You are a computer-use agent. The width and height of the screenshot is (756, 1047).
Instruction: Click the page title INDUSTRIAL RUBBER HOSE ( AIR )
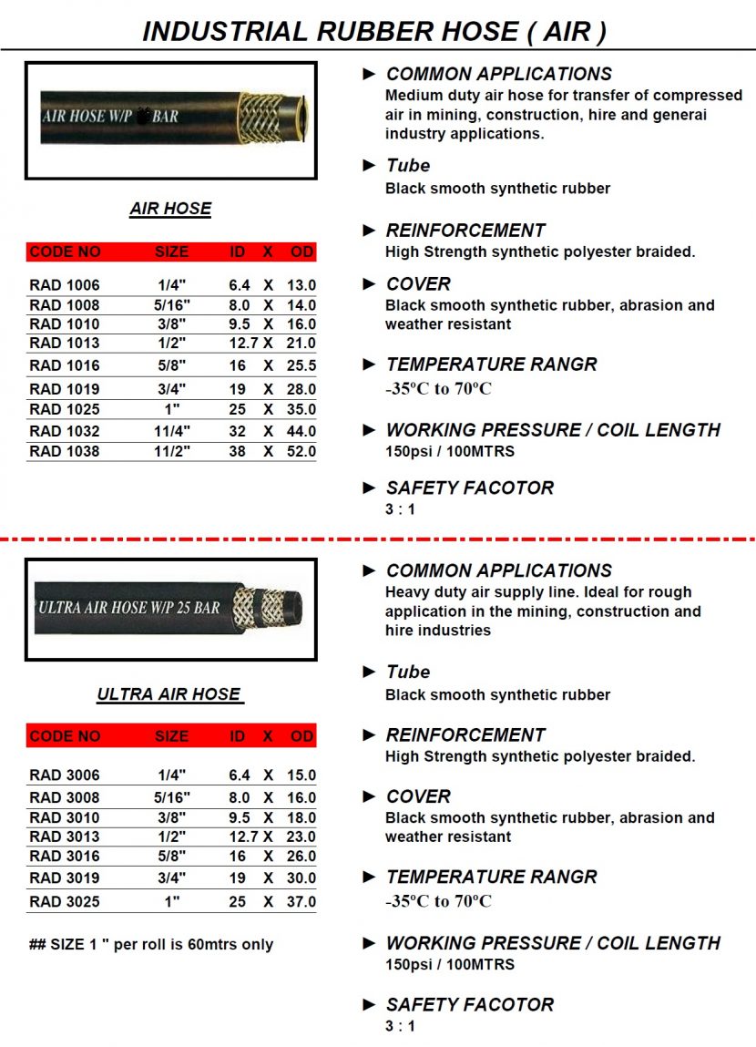374,31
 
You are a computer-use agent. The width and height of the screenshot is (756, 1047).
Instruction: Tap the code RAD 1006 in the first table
64,285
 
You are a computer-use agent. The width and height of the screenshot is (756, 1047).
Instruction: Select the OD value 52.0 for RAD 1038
301,451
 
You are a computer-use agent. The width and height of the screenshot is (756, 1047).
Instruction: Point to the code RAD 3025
64,902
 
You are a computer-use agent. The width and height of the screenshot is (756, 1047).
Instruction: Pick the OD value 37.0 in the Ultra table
301,902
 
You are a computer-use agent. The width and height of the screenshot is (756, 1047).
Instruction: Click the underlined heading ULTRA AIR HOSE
169,694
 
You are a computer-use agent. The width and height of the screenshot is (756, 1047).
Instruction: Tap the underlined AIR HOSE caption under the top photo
170,209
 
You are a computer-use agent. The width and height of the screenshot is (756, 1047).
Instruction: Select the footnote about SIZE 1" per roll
151,944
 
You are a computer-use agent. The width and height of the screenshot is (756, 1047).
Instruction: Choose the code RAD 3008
64,797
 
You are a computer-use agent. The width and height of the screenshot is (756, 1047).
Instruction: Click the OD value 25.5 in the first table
301,365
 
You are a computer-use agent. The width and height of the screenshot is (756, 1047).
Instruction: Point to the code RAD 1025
64,409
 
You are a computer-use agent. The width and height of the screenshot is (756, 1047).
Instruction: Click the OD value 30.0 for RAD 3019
301,878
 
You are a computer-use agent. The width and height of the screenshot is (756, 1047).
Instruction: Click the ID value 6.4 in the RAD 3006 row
239,775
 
